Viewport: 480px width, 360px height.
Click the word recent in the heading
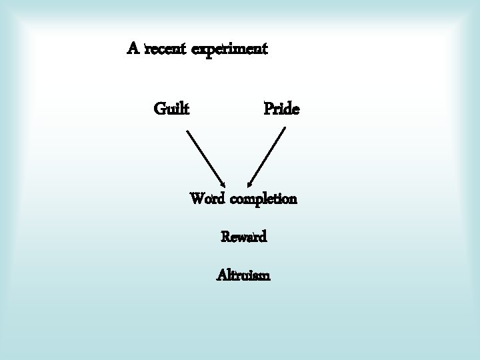[166, 49]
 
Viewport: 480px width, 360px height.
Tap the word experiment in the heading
[229, 50]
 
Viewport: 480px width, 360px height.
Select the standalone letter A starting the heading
[133, 49]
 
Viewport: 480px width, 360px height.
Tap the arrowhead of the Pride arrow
[249, 184]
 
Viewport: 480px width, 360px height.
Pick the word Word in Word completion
[208, 199]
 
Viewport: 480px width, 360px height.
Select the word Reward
[244, 237]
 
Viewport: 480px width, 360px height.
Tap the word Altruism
[243, 275]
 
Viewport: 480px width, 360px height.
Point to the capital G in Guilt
[160, 107]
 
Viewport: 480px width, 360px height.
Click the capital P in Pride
[269, 107]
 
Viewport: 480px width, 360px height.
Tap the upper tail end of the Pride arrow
[285, 128]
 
